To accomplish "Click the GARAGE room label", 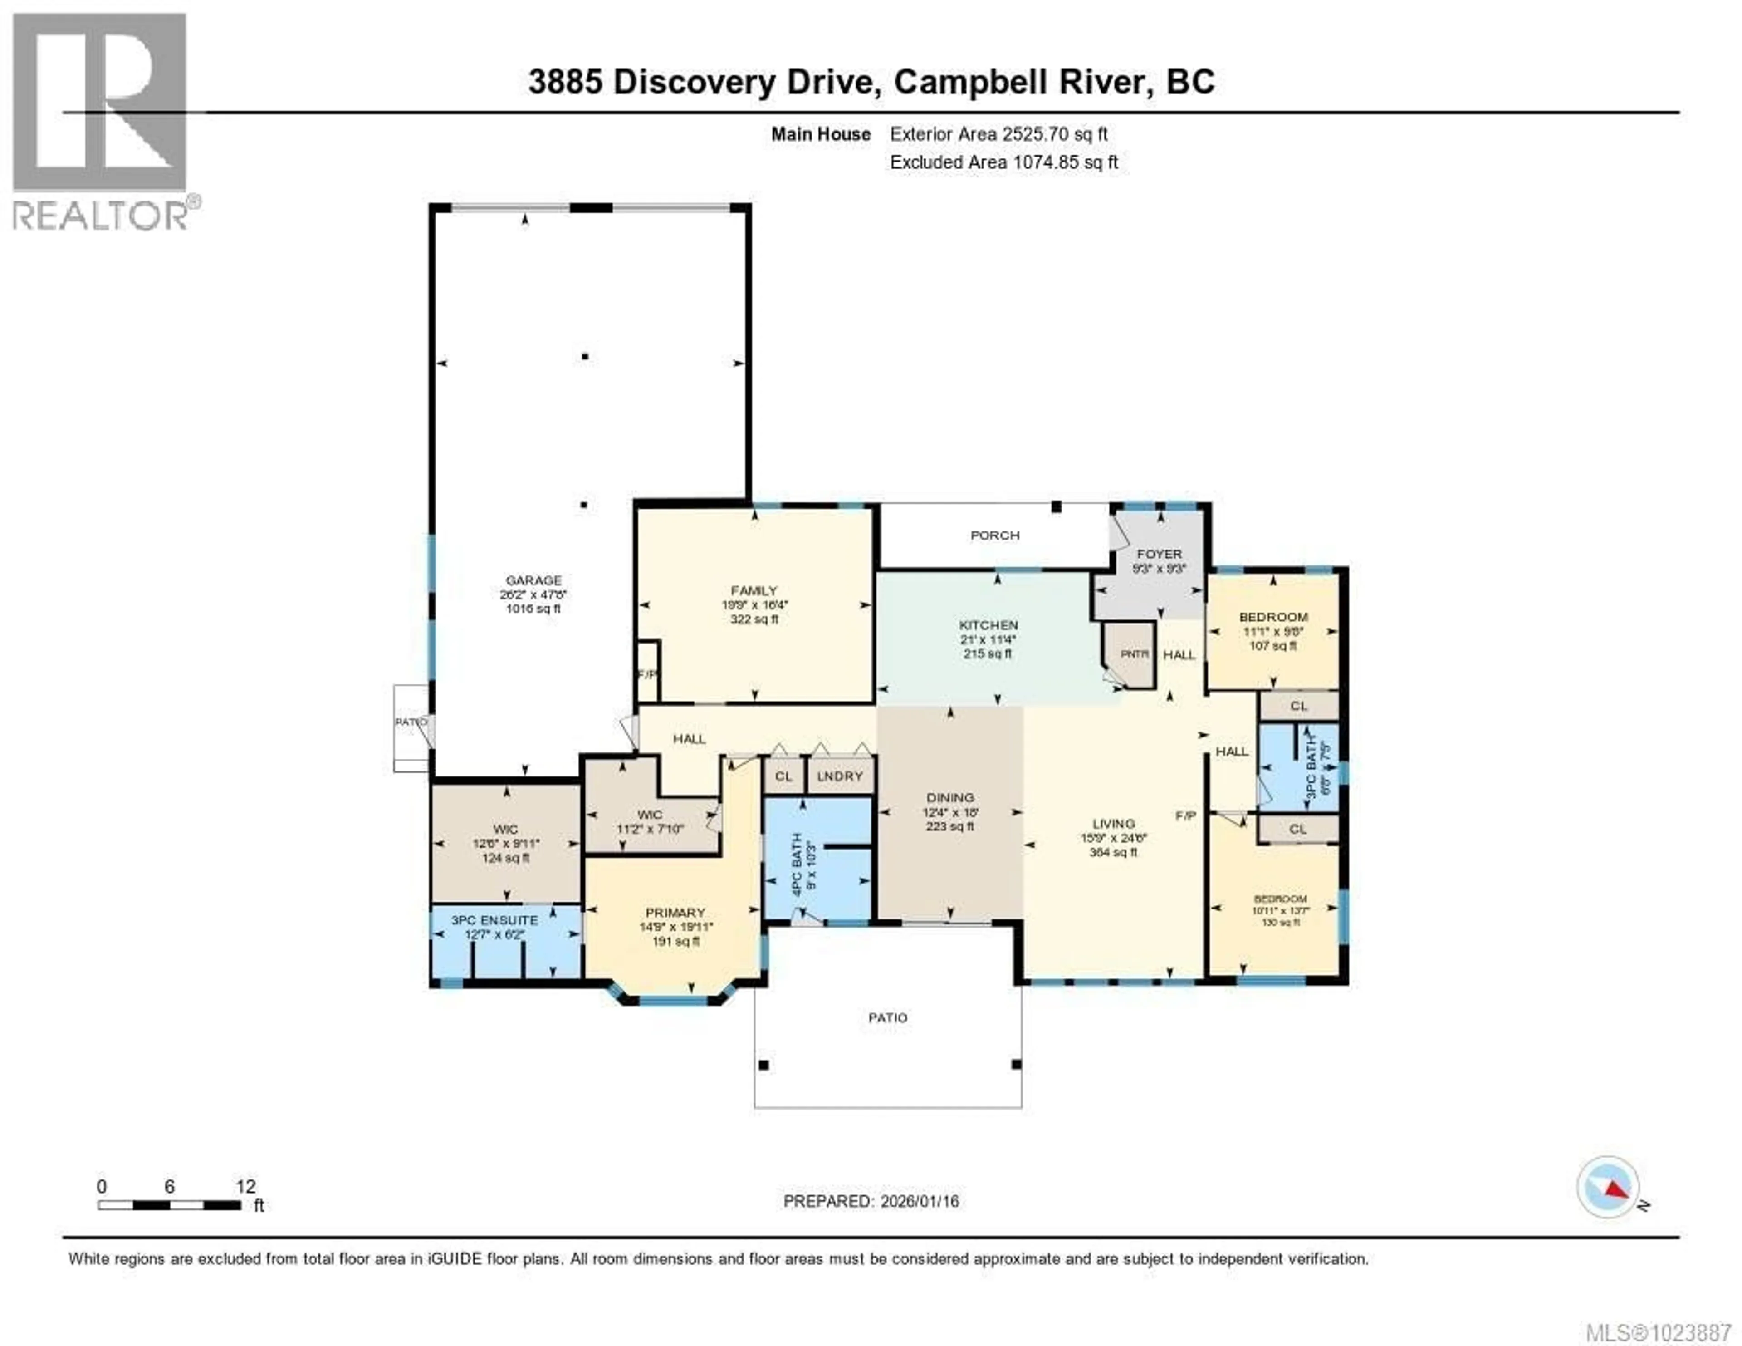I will tap(533, 580).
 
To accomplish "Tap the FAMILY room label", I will tap(754, 590).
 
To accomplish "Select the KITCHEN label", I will tap(988, 625).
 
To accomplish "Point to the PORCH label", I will tap(995, 535).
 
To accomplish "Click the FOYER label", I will tap(1159, 554).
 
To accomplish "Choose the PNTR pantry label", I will tap(1134, 654).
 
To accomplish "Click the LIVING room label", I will tap(1114, 823).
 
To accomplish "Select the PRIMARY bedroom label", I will tap(675, 912).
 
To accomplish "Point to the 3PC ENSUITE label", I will tap(494, 920).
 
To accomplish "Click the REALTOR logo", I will tap(101, 120).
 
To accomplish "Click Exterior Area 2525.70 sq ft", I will tap(998, 134).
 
